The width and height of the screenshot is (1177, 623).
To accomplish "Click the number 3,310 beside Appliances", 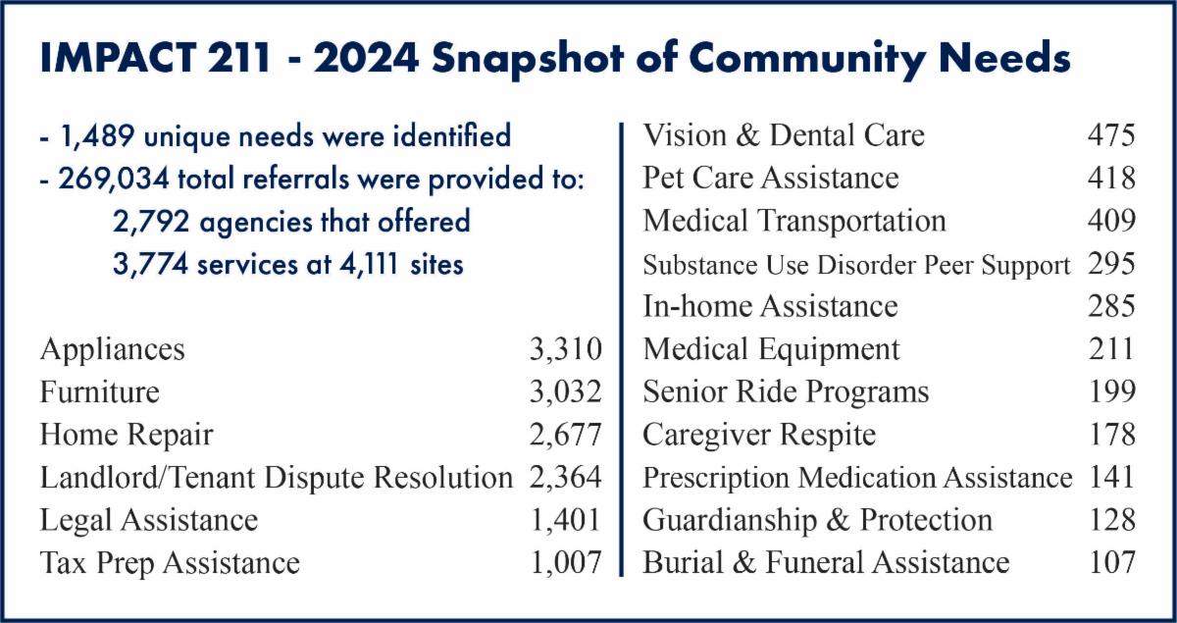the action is point(565,350).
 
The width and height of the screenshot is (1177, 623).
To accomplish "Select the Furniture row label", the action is point(100,391).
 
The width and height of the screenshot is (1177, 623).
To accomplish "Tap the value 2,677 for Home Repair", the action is point(565,436).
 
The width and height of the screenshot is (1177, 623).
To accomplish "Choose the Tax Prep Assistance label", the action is point(170,563).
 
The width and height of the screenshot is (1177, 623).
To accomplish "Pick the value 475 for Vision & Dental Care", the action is point(1111,135).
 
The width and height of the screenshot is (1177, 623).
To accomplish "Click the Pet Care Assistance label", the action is point(771,178).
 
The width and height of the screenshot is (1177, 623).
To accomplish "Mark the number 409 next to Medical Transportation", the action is point(1111,221).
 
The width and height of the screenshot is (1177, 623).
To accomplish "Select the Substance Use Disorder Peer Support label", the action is point(856,265).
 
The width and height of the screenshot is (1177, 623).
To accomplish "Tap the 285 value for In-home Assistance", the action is point(1111,306).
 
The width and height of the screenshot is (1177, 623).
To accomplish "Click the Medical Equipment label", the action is point(771,349).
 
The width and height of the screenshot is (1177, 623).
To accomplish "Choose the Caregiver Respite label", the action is point(759,436).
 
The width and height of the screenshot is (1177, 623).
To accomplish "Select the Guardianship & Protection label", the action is point(818,521).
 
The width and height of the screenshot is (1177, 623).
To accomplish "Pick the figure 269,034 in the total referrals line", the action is point(114,179).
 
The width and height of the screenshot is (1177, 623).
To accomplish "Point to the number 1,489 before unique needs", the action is point(97,135).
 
